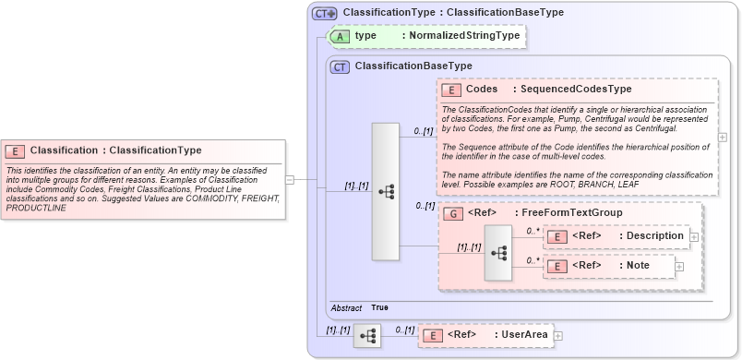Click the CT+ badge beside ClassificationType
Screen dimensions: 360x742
click(x=324, y=13)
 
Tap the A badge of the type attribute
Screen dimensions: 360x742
click(x=341, y=35)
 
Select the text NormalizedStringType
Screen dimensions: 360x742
click(x=464, y=35)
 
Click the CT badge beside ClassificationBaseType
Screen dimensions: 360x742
click(x=341, y=66)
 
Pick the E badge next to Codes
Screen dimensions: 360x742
click(x=452, y=90)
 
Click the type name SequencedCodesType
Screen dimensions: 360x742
click(x=576, y=90)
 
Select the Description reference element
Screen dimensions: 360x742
click(x=616, y=236)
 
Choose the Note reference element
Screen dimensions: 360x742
click(x=609, y=266)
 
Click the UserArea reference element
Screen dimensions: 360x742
click(x=486, y=334)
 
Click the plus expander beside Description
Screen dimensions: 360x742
click(x=693, y=236)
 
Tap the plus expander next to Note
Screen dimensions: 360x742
click(x=679, y=266)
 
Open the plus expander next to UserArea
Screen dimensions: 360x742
click(x=558, y=334)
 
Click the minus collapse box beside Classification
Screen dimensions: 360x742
click(x=290, y=180)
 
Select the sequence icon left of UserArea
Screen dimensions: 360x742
click(x=367, y=334)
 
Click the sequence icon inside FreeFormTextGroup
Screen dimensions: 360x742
click(x=498, y=252)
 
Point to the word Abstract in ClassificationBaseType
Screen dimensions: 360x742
click(x=347, y=306)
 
